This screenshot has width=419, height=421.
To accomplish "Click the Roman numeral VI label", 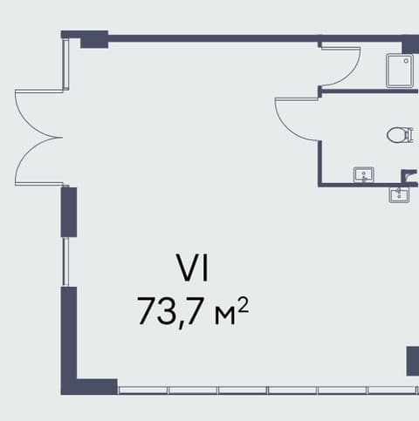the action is click(193, 268).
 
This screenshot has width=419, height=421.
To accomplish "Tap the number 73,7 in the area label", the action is click(169, 312).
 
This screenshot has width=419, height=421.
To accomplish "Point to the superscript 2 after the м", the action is click(244, 305).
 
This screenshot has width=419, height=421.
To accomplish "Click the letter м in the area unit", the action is click(224, 316).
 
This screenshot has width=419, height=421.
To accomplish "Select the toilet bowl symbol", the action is click(400, 135).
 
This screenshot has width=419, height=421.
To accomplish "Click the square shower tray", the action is click(400, 71).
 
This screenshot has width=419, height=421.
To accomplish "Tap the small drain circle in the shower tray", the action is click(406, 61).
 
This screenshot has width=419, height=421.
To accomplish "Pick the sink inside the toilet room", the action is click(364, 174).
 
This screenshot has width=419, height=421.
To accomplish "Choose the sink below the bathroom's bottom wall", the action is click(399, 195).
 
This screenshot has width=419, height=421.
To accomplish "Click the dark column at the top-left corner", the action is click(94, 39).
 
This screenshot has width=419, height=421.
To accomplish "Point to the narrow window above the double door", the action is click(66, 65).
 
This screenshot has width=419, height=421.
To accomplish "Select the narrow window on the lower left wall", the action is click(66, 261).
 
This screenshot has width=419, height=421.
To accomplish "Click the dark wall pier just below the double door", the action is click(69, 212).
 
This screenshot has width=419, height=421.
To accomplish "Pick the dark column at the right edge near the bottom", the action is click(413, 361).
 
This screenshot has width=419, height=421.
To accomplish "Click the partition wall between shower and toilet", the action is click(369, 92).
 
